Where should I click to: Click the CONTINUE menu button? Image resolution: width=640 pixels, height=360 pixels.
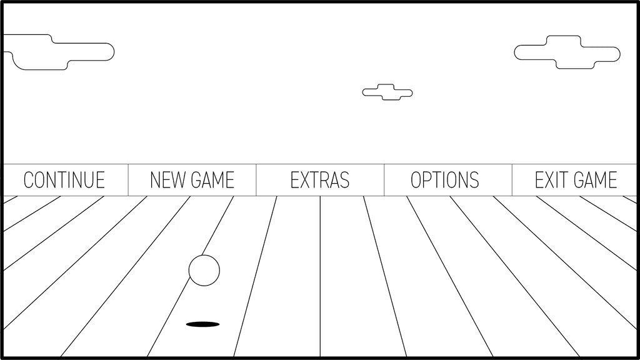tap(64, 180)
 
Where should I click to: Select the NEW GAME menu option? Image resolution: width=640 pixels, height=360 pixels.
tap(192, 180)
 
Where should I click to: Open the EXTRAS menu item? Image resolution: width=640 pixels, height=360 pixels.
tap(320, 180)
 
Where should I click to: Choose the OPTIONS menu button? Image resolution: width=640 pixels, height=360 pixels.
tap(445, 180)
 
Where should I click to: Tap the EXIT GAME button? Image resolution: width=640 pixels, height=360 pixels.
tap(576, 180)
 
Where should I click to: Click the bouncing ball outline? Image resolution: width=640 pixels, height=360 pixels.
tap(204, 271)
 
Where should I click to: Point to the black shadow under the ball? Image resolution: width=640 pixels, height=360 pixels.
tap(203, 324)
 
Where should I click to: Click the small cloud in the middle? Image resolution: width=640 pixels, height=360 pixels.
tap(387, 92)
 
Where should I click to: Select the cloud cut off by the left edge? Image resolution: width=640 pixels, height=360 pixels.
tap(59, 52)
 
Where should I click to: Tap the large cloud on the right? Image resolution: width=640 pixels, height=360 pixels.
tap(567, 52)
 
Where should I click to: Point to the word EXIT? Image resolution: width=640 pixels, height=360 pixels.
tap(549, 180)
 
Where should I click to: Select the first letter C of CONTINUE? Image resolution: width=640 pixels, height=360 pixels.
tap(28, 180)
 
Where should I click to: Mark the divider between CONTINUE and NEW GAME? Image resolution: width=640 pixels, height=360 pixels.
tap(128, 180)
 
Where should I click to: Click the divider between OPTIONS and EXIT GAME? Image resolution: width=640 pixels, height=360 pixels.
tap(512, 180)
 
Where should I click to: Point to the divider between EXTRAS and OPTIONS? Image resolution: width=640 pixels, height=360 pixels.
tap(384, 180)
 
